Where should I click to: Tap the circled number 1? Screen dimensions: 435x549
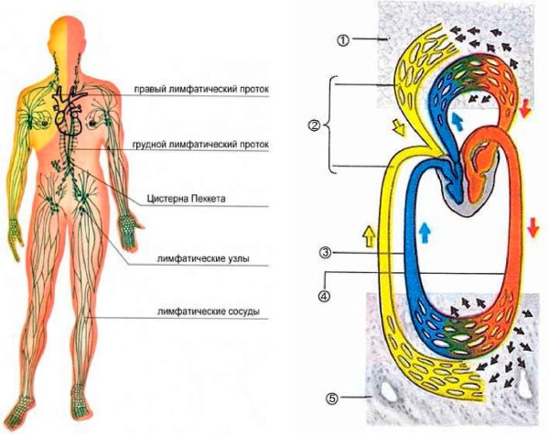[x=342, y=40]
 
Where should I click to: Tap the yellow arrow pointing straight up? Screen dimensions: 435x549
[x=369, y=238]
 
